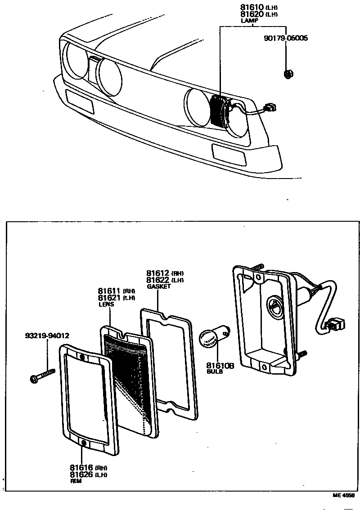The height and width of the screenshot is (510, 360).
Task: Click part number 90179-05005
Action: (x=286, y=39)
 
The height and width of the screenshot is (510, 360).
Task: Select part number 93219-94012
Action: (x=47, y=336)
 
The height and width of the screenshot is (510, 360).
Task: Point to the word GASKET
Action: (x=158, y=286)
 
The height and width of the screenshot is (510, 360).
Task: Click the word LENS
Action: (x=106, y=304)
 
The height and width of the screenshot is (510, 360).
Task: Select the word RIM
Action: (x=75, y=481)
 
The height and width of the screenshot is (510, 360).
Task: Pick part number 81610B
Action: (x=220, y=366)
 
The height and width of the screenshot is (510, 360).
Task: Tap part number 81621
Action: (x=109, y=298)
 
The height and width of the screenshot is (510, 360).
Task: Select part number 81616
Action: (x=81, y=468)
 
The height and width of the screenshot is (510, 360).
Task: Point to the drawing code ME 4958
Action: (x=344, y=495)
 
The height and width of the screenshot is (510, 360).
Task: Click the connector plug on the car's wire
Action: (x=271, y=107)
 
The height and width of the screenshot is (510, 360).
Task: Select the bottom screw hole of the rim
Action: (x=84, y=444)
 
